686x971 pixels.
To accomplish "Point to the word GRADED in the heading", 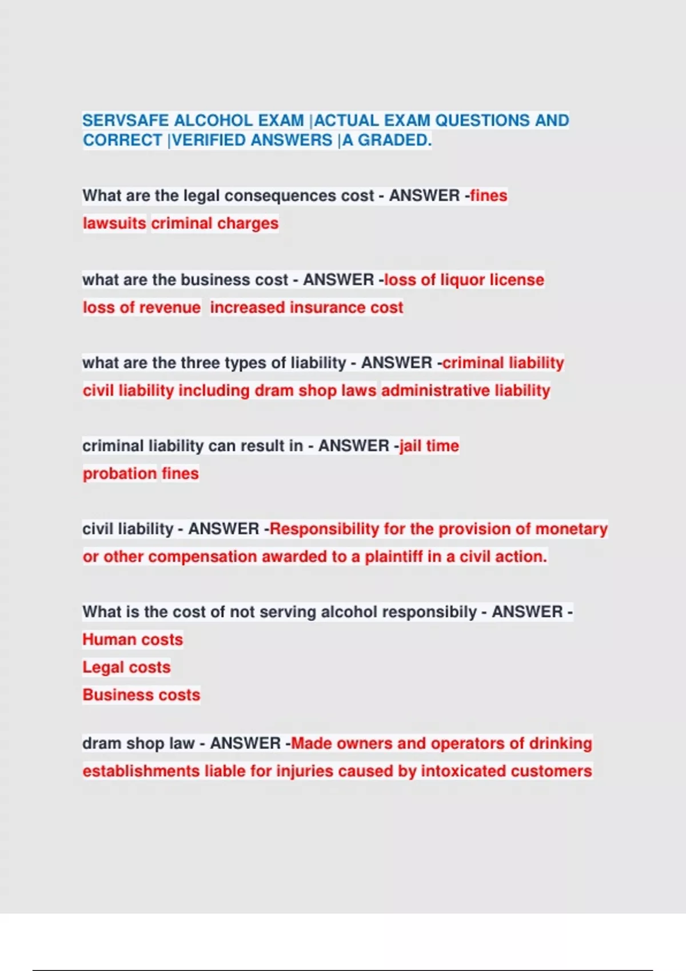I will point(394,140).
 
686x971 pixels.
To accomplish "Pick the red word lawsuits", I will point(114,223).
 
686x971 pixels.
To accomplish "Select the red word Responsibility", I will point(324,529).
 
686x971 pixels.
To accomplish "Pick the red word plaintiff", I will point(394,556).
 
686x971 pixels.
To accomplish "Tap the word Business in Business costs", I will point(118,695).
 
